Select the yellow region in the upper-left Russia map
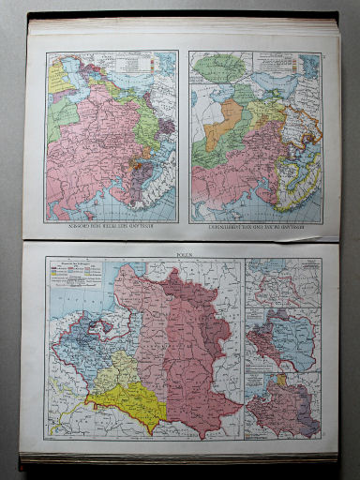click(58, 75)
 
